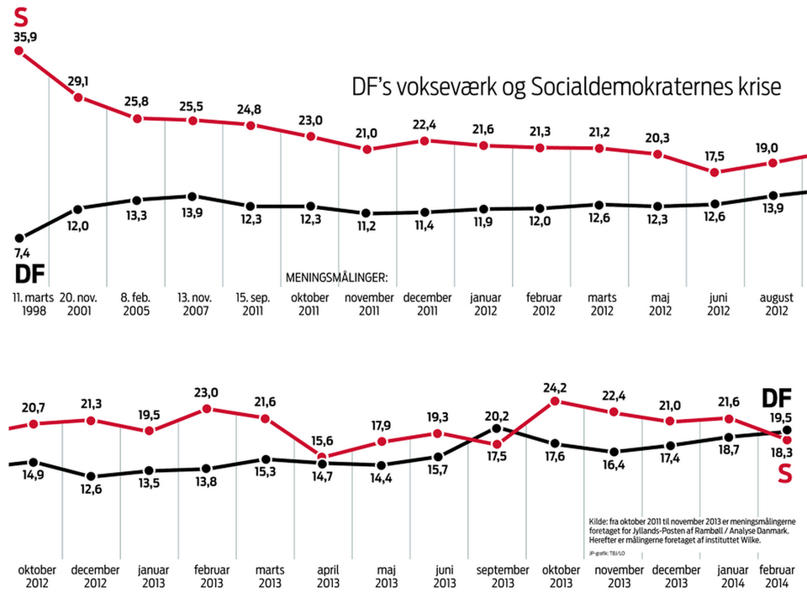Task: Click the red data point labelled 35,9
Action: [x=18, y=50]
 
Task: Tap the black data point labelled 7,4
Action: [x=18, y=238]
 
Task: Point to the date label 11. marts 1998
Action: [x=31, y=305]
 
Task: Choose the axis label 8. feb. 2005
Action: [x=136, y=305]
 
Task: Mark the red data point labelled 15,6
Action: [x=323, y=458]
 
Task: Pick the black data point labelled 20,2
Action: [x=496, y=429]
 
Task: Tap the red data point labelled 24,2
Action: [x=555, y=402]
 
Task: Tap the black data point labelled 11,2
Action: [x=367, y=213]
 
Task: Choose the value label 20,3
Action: [x=657, y=138]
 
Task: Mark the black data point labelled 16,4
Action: [x=614, y=452]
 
